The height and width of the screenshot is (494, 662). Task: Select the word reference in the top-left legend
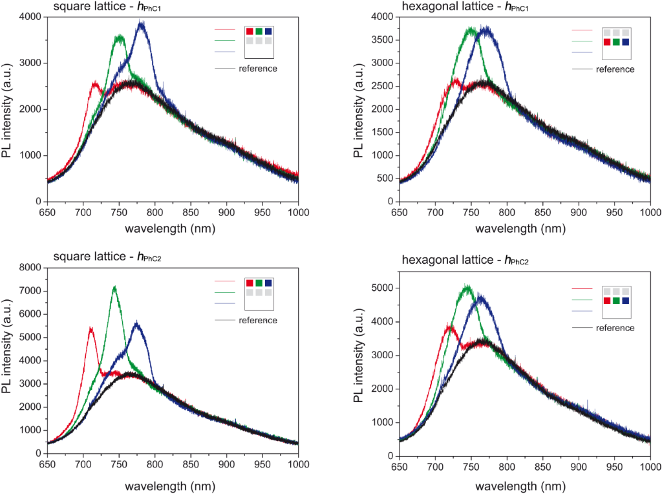point(258,69)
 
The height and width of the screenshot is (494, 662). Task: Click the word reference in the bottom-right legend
point(615,328)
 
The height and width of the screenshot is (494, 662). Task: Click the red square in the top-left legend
point(250,31)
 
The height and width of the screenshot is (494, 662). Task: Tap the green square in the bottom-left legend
point(259,283)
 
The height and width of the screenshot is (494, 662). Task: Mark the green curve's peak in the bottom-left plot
point(114,286)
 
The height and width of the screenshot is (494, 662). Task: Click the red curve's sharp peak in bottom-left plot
point(91,328)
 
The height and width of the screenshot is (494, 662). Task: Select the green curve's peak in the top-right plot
point(471,28)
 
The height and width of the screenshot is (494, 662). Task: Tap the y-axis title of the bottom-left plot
point(9,360)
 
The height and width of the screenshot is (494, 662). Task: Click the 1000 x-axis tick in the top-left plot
point(298,212)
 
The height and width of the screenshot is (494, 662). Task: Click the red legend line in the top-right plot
point(582,30)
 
